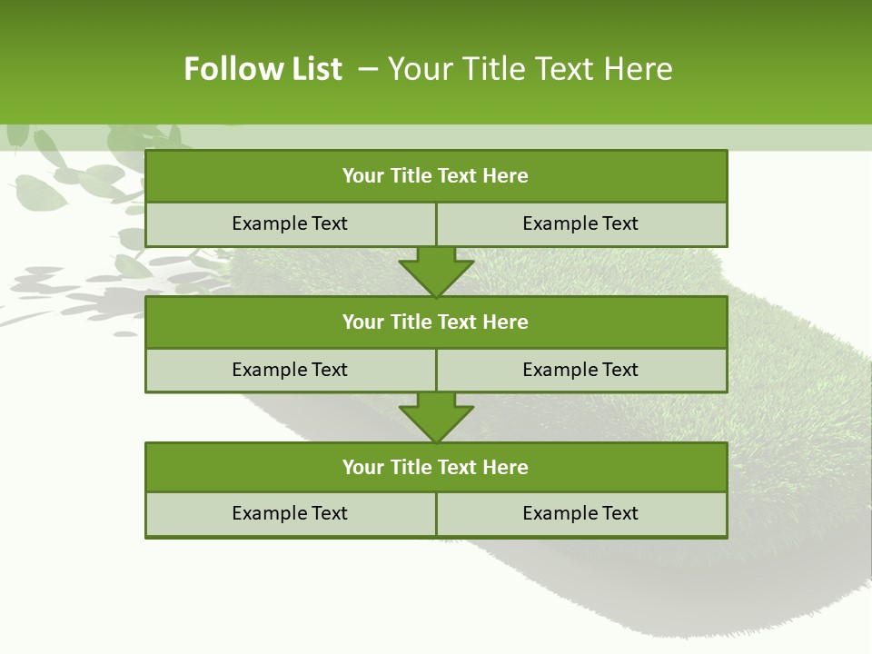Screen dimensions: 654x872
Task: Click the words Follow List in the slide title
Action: pos(263,69)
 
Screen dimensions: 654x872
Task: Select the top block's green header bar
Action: pos(436,176)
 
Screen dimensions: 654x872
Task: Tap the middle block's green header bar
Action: pos(436,322)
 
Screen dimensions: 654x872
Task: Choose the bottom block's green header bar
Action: pos(436,468)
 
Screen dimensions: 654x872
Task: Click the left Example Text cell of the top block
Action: pos(291,224)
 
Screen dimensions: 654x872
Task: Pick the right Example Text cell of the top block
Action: pos(581,224)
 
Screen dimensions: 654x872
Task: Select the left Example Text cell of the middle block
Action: pos(291,371)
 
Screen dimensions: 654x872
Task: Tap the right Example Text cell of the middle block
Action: pos(581,371)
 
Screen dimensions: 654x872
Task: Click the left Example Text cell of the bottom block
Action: pos(291,514)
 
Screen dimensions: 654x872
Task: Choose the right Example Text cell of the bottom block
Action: pos(581,514)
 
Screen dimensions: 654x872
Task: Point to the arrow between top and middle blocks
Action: pos(436,272)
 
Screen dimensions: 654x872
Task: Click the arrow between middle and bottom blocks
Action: pos(436,417)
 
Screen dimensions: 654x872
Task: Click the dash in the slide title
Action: pos(368,69)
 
